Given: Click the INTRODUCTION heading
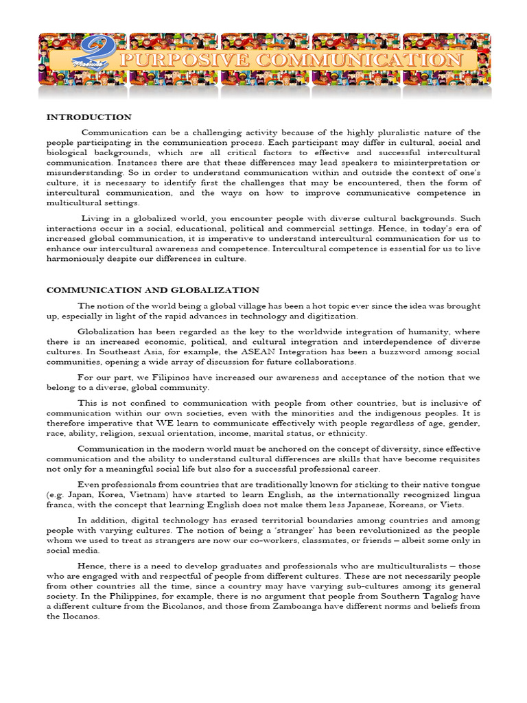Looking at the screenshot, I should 89,117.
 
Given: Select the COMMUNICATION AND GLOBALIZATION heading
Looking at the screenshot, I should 152,290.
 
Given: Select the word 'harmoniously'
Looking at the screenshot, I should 77,260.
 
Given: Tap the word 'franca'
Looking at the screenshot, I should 60,505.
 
